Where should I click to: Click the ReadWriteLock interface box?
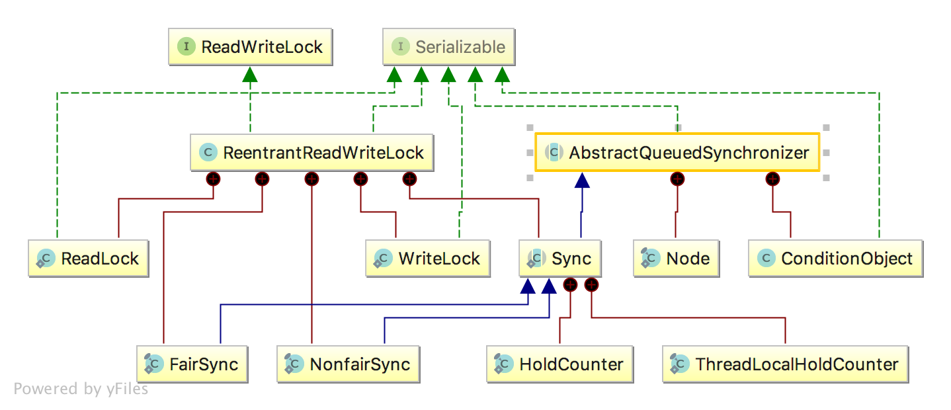(250, 47)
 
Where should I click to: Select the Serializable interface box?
(448, 47)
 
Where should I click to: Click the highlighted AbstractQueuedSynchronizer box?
(677, 153)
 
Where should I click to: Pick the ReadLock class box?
(88, 259)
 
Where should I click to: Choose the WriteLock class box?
(428, 259)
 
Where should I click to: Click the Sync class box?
(560, 259)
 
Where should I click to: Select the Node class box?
(676, 259)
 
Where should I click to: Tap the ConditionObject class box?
(835, 259)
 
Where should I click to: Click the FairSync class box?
(192, 364)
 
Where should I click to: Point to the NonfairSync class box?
(348, 364)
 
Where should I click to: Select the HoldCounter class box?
(559, 364)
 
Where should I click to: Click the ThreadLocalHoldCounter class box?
(785, 364)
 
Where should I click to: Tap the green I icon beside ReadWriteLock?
(186, 47)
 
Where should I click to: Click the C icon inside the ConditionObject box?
(766, 259)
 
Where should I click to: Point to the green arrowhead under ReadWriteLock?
(249, 74)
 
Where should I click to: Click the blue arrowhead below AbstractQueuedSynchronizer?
(581, 181)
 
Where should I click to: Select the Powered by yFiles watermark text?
(81, 389)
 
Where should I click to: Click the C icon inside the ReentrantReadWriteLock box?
(208, 153)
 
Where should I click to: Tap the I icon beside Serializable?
(400, 47)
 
